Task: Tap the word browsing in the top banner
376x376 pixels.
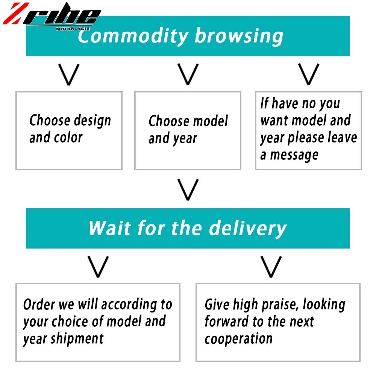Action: [239, 36]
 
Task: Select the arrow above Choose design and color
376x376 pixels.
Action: [69, 74]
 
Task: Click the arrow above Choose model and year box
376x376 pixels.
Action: [188, 74]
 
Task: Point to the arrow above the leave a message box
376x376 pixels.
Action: [308, 74]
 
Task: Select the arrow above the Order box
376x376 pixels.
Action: [98, 267]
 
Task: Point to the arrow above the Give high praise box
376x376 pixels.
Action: [271, 267]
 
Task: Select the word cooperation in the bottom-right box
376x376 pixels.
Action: [238, 338]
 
